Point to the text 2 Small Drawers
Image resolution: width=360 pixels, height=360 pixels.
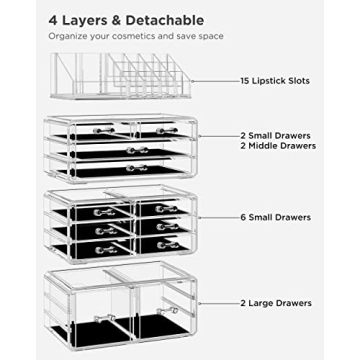[x=276, y=134]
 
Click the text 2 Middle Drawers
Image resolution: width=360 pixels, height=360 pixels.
[x=278, y=147]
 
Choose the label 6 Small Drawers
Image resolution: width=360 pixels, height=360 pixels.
[x=276, y=217]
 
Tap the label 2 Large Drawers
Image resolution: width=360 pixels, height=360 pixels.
[x=276, y=303]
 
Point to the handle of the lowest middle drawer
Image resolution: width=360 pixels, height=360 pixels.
[x=136, y=167]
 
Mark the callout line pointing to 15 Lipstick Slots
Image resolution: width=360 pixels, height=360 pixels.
[x=216, y=81]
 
